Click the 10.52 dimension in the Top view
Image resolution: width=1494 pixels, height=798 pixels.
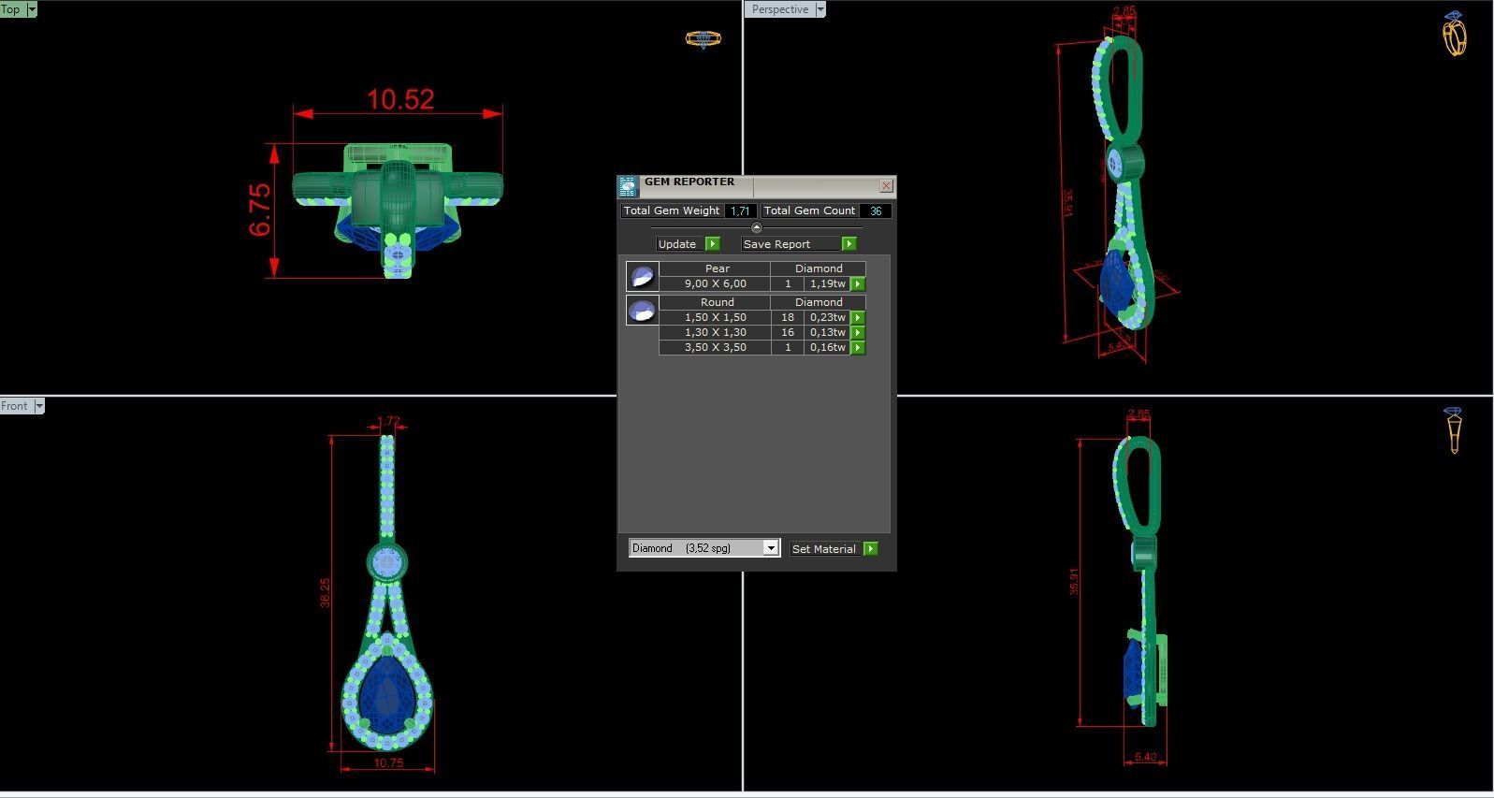coord(400,99)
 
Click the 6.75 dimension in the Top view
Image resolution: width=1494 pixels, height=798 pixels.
coord(260,210)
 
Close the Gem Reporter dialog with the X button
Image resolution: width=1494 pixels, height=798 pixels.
coord(886,186)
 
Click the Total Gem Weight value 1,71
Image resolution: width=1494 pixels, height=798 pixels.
coord(740,211)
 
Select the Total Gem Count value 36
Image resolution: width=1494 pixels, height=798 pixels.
coord(875,211)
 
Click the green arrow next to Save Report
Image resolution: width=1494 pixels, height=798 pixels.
coord(849,244)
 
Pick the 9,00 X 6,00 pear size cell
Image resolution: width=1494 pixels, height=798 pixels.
coord(715,283)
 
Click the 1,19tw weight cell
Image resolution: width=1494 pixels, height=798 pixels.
coord(827,283)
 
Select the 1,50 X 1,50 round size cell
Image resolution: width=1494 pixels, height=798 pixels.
coord(715,317)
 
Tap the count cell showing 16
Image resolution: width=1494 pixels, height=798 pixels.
coord(788,332)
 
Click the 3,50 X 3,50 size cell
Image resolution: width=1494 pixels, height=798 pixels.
coord(715,347)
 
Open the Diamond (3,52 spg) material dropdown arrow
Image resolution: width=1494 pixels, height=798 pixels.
coord(771,548)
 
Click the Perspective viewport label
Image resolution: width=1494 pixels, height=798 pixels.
coord(779,9)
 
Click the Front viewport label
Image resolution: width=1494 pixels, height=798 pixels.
coord(15,406)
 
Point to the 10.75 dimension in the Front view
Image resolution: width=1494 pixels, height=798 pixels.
coord(387,763)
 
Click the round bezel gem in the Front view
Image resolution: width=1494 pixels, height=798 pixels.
coord(386,562)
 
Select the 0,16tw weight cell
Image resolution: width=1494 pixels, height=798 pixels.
coord(827,347)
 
